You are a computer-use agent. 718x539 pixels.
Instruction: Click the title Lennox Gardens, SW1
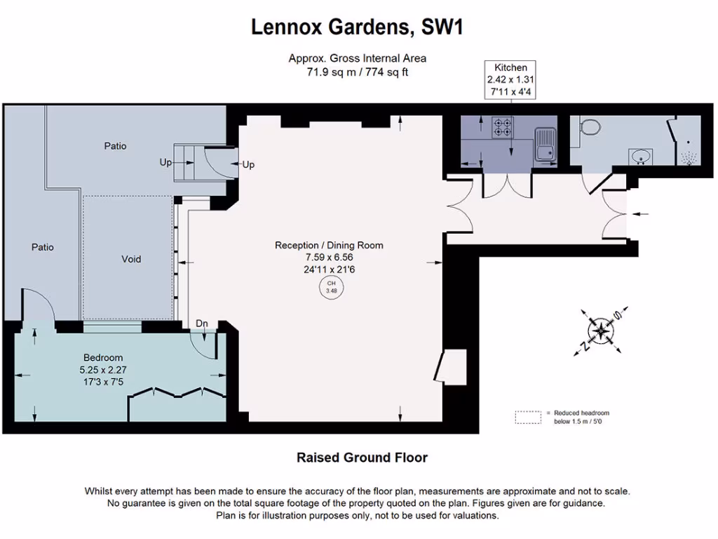pyautogui.click(x=358, y=28)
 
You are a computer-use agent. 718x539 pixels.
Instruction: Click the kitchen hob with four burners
pyautogui.click(x=502, y=127)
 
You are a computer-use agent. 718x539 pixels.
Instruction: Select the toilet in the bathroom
pyautogui.click(x=590, y=127)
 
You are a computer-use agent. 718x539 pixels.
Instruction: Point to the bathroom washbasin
pyautogui.click(x=641, y=157)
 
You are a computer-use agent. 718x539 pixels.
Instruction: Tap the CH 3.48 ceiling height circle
pyautogui.click(x=332, y=287)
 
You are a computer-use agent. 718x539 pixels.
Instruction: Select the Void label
pyautogui.click(x=131, y=259)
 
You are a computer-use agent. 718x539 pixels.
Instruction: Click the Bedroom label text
pyautogui.click(x=103, y=357)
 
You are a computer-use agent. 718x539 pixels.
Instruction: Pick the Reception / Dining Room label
pyautogui.click(x=329, y=245)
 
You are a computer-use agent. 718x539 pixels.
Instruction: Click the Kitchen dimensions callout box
pyautogui.click(x=511, y=79)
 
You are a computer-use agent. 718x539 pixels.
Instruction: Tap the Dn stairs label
pyautogui.click(x=202, y=324)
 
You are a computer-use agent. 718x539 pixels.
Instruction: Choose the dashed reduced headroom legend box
pyautogui.click(x=529, y=417)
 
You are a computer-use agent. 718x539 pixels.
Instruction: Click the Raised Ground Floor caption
pyautogui.click(x=362, y=458)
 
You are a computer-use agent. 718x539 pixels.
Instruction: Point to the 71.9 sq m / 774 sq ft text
pyautogui.click(x=357, y=72)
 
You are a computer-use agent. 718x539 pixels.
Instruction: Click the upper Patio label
pyautogui.click(x=116, y=146)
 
